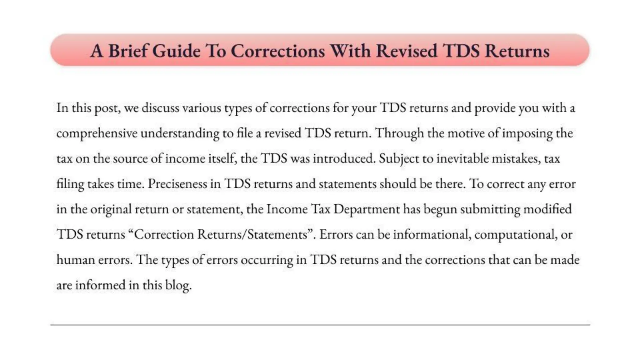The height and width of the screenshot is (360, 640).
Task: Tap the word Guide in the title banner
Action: [177, 51]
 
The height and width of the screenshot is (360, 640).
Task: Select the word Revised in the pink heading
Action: [406, 51]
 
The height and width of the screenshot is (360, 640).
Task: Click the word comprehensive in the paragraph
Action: [97, 133]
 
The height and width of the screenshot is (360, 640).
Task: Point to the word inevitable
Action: [462, 159]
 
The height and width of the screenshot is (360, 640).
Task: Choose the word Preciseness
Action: [177, 184]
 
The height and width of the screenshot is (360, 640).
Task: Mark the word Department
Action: [367, 209]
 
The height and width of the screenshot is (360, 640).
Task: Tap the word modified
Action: [547, 209]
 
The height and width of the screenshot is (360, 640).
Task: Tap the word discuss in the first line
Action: [160, 108]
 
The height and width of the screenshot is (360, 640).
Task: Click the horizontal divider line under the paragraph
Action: [320, 325]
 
